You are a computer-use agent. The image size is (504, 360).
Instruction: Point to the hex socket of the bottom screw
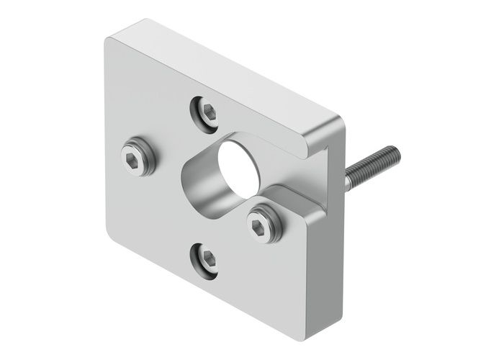pyautogui.click(x=205, y=260)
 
